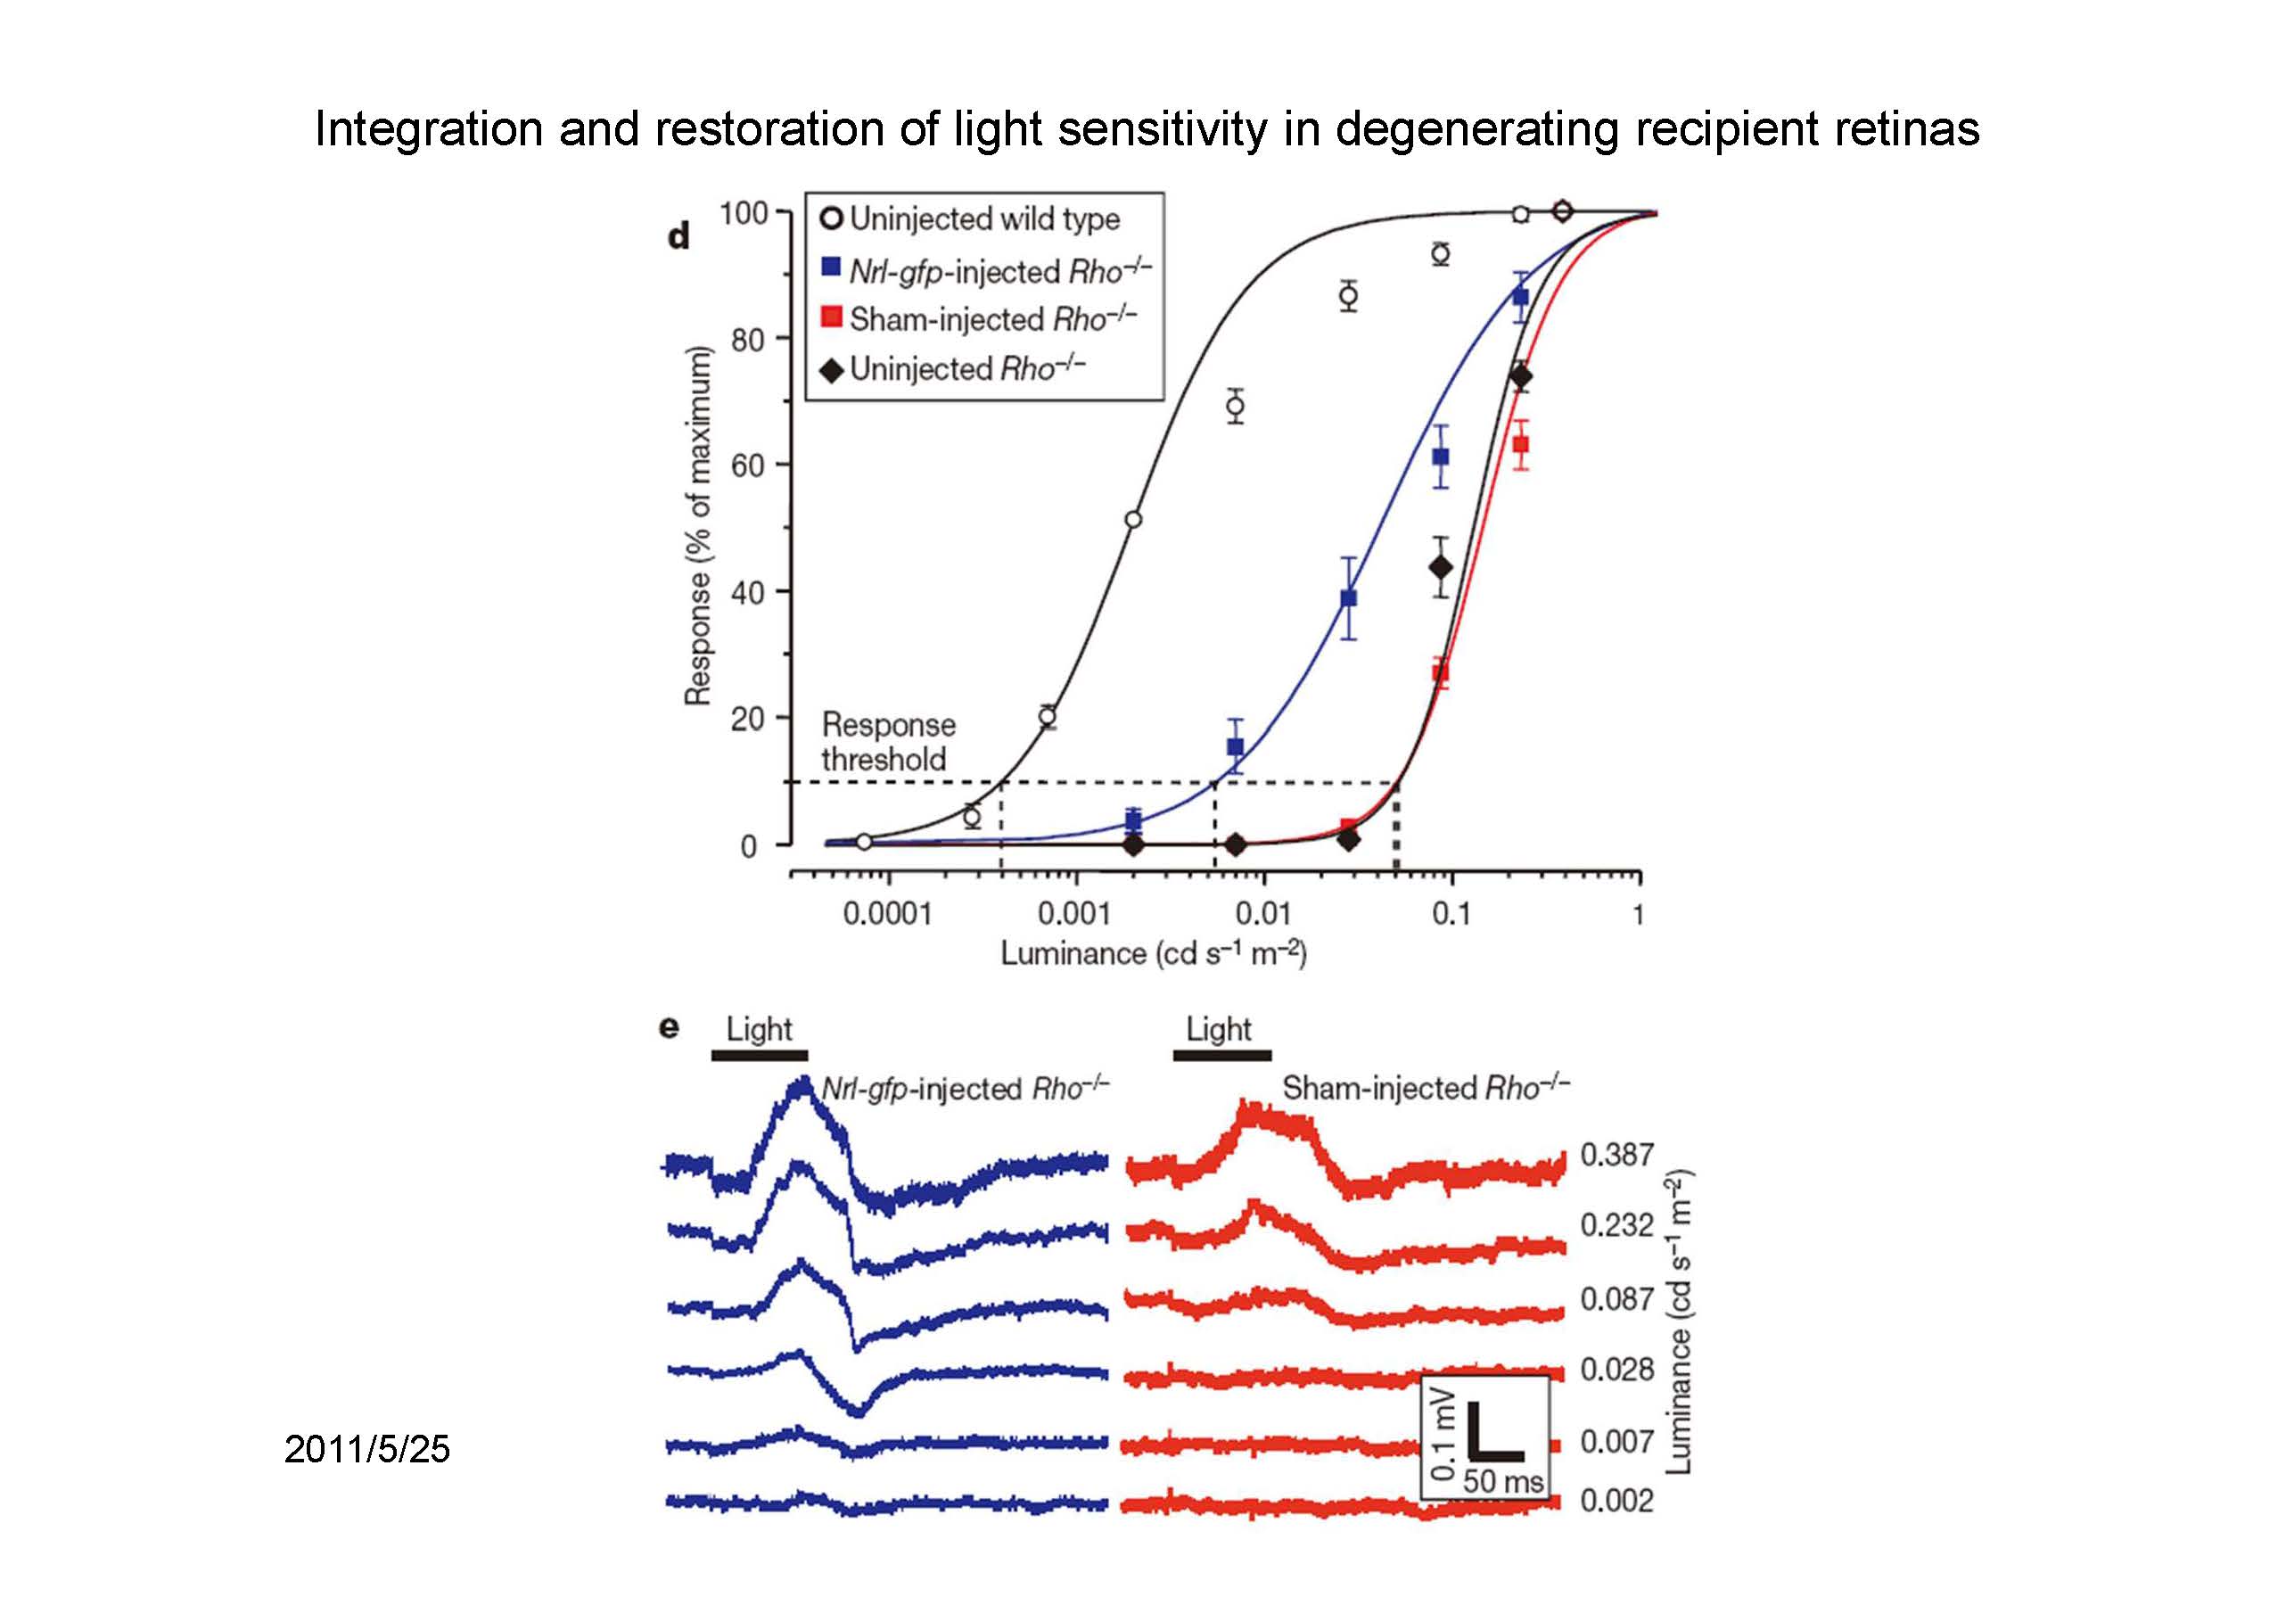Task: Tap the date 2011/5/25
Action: point(366,1449)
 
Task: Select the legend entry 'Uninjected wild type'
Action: point(984,218)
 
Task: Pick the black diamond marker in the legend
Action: point(831,370)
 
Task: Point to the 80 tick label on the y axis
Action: point(747,340)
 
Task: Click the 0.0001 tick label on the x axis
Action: point(887,913)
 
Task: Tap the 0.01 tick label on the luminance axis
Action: point(1262,913)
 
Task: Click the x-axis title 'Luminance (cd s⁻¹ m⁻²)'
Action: point(1154,953)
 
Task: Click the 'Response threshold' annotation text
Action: point(887,742)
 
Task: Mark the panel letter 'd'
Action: point(679,237)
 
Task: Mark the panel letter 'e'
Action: point(670,1027)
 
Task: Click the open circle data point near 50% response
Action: point(1133,520)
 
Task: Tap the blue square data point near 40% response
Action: point(1349,597)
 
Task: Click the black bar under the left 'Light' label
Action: point(760,1056)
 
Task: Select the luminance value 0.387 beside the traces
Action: point(1616,1156)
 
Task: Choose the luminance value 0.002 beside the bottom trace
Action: point(1616,1501)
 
